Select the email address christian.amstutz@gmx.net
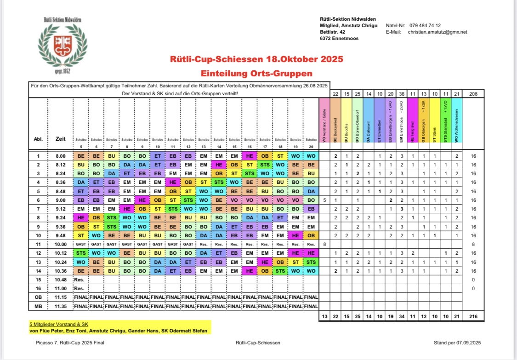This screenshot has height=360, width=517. point(437,32)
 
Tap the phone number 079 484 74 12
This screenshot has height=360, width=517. point(424,25)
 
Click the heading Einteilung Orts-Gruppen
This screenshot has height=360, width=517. point(256,73)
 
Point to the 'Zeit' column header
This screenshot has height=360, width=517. point(60,139)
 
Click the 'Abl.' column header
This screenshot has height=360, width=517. point(38,139)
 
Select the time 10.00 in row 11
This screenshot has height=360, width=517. point(60,244)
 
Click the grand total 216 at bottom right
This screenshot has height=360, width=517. point(474,316)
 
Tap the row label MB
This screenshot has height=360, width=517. point(38,306)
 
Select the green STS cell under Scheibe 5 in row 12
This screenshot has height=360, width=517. point(80,253)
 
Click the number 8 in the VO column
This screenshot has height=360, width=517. point(324,244)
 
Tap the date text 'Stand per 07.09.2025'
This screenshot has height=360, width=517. point(456,343)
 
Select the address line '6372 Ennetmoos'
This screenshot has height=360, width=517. point(339,39)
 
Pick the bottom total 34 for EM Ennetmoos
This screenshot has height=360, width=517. point(402,316)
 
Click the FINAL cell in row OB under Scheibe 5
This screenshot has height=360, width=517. point(80,297)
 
